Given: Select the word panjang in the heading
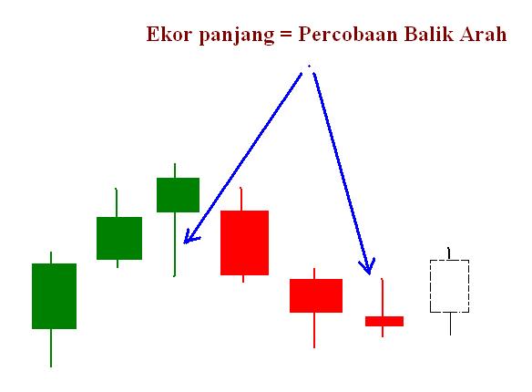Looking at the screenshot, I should click(229, 37).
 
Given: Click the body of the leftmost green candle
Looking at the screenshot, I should click(54, 295).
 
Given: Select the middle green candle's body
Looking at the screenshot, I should click(119, 238).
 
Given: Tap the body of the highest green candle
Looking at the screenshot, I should click(178, 194).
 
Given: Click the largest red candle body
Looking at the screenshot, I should click(244, 242).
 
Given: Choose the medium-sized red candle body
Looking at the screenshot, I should click(316, 295).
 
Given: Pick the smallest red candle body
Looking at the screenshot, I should click(384, 321).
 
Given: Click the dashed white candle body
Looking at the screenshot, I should click(449, 286).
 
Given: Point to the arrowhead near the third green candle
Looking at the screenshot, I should click(187, 238).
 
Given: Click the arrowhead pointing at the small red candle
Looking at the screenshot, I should click(367, 268).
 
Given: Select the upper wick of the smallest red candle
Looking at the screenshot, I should click(383, 297).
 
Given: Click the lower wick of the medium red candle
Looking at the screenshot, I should click(314, 329).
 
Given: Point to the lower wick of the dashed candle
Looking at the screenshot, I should click(450, 324).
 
